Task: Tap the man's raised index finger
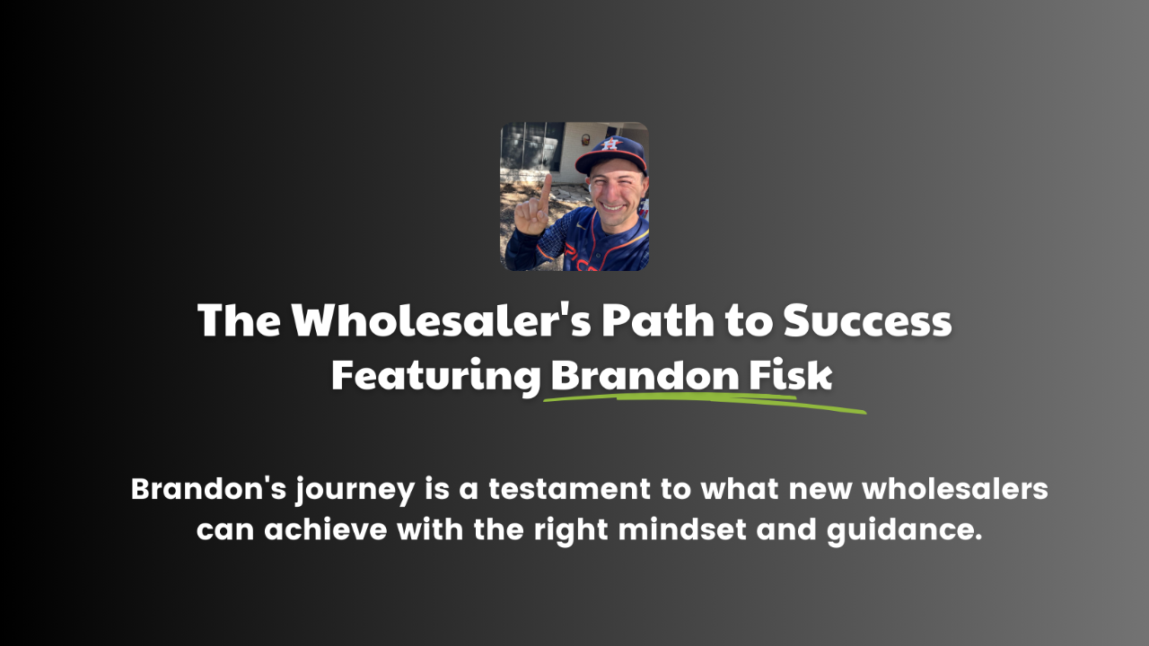pos(545,191)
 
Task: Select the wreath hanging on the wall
pos(585,140)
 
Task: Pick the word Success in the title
pos(867,321)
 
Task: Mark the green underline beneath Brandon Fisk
pos(705,404)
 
